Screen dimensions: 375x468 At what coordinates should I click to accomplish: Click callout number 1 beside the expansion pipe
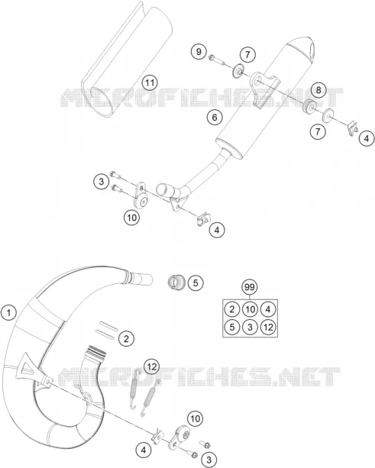(x=8, y=313)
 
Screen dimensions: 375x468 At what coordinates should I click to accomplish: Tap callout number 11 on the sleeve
(x=150, y=82)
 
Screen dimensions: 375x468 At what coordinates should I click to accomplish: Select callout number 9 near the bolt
(x=199, y=52)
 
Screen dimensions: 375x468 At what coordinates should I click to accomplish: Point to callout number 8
(x=318, y=89)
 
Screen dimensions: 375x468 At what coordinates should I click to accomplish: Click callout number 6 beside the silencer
(x=215, y=118)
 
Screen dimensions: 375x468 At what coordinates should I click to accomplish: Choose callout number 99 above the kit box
(x=250, y=287)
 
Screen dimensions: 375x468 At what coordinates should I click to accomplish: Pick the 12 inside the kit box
(x=268, y=327)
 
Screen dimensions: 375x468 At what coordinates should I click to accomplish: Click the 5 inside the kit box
(x=232, y=327)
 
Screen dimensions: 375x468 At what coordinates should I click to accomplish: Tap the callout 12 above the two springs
(x=152, y=366)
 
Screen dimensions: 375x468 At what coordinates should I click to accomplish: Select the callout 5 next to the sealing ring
(x=196, y=282)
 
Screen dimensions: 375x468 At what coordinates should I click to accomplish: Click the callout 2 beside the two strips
(x=126, y=338)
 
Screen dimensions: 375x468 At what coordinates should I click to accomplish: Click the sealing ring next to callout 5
(x=176, y=282)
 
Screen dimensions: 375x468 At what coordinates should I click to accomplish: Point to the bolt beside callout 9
(x=217, y=60)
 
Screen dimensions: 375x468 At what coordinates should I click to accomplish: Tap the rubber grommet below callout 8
(x=309, y=106)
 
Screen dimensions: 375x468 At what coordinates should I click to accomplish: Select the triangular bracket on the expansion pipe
(x=32, y=369)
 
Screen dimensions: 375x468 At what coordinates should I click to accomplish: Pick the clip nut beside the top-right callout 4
(x=353, y=127)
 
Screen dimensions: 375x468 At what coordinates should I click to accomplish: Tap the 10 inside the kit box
(x=250, y=309)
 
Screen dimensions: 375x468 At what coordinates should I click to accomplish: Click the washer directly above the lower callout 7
(x=328, y=116)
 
